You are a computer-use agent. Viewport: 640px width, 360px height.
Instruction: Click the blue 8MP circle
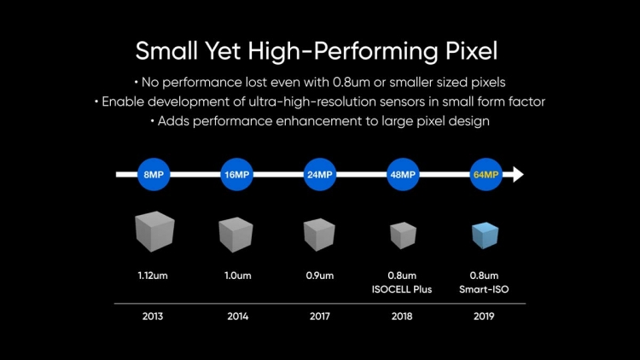tap(154, 175)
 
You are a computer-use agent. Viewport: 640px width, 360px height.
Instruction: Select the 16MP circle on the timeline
tap(236, 175)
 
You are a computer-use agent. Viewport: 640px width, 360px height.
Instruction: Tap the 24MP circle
tap(319, 175)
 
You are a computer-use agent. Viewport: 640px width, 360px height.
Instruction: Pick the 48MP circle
tap(402, 175)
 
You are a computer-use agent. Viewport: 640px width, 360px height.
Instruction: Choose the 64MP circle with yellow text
tap(485, 175)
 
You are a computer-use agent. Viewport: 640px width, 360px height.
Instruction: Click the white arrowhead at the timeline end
tap(517, 175)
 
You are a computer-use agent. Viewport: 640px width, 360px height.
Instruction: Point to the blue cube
tap(485, 235)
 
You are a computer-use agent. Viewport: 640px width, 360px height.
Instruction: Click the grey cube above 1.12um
tap(154, 232)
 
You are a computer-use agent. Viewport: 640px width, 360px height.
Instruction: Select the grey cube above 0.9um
tap(319, 234)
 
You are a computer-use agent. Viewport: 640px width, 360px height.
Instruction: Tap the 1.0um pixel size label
tap(236, 276)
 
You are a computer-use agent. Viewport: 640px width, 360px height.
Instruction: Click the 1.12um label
tap(154, 276)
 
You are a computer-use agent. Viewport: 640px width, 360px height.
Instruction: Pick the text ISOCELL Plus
tap(402, 289)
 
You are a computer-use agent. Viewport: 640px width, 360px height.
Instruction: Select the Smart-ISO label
tap(485, 289)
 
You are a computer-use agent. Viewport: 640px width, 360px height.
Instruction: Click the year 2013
tap(154, 316)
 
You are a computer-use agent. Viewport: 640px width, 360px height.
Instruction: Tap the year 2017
tap(319, 316)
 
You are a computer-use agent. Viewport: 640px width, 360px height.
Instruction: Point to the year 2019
tap(485, 316)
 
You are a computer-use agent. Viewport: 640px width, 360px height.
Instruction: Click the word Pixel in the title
tap(470, 51)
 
